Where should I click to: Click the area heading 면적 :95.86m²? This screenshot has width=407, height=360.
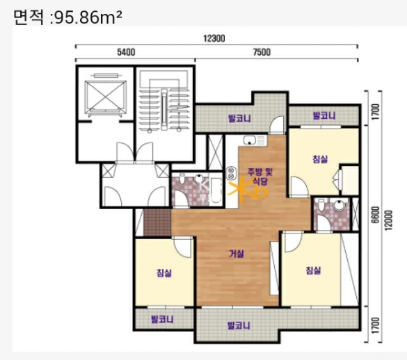point(67,17)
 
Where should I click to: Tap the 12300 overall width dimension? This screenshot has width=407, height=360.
point(214,39)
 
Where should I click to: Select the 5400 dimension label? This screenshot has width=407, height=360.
point(126,52)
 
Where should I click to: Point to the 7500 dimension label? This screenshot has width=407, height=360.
point(262,52)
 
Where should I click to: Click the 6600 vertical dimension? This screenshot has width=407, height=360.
point(375,215)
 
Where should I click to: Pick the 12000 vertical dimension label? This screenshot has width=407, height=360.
point(388,220)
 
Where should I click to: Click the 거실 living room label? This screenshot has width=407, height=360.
point(237,254)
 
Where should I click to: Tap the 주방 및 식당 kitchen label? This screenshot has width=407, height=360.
point(260,176)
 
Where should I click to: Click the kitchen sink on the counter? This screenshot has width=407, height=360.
point(250,140)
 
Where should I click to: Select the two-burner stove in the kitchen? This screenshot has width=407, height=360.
point(231,173)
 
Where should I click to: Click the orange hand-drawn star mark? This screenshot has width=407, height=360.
point(246,189)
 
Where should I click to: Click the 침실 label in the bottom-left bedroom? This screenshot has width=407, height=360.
point(164,273)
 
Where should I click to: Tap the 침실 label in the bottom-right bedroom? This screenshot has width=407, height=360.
point(314,270)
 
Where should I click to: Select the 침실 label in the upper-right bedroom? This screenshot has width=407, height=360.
point(320,159)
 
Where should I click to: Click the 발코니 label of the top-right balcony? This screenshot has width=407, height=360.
point(324,115)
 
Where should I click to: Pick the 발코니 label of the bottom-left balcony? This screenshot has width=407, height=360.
point(162,319)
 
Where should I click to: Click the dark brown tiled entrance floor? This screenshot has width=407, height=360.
point(157,222)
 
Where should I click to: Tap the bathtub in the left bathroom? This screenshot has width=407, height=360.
point(216,190)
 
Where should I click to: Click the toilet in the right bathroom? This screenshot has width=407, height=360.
point(321,204)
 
